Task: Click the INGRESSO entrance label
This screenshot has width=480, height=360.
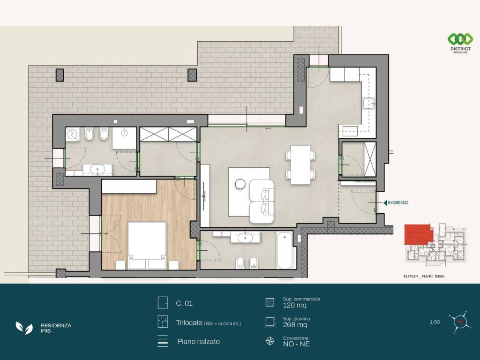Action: pos(398,202)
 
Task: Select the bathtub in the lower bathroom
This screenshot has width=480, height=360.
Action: pos(285,250)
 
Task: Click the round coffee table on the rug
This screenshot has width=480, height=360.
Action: pos(240,184)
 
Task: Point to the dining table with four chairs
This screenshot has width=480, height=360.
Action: pos(300,165)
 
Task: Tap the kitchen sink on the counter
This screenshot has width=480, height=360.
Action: pos(368,104)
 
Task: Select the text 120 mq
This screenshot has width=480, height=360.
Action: pos(294,305)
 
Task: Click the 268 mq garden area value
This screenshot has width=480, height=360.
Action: pos(295,324)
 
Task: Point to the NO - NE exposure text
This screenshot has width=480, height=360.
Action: pos(296,344)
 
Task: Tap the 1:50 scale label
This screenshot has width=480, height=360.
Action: pos(435,322)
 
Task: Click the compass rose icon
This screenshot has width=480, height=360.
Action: pos(458,322)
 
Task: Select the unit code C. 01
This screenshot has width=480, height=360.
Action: pos(184,303)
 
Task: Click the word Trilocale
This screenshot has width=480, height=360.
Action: pos(189,322)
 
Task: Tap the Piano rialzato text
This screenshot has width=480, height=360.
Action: pos(198,342)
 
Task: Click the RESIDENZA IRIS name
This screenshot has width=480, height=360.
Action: pos(56,328)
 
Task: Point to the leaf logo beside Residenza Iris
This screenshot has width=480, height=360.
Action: pos(24,328)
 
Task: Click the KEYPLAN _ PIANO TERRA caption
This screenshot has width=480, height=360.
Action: pos(424,276)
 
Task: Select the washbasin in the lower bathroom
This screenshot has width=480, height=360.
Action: pos(246,237)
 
